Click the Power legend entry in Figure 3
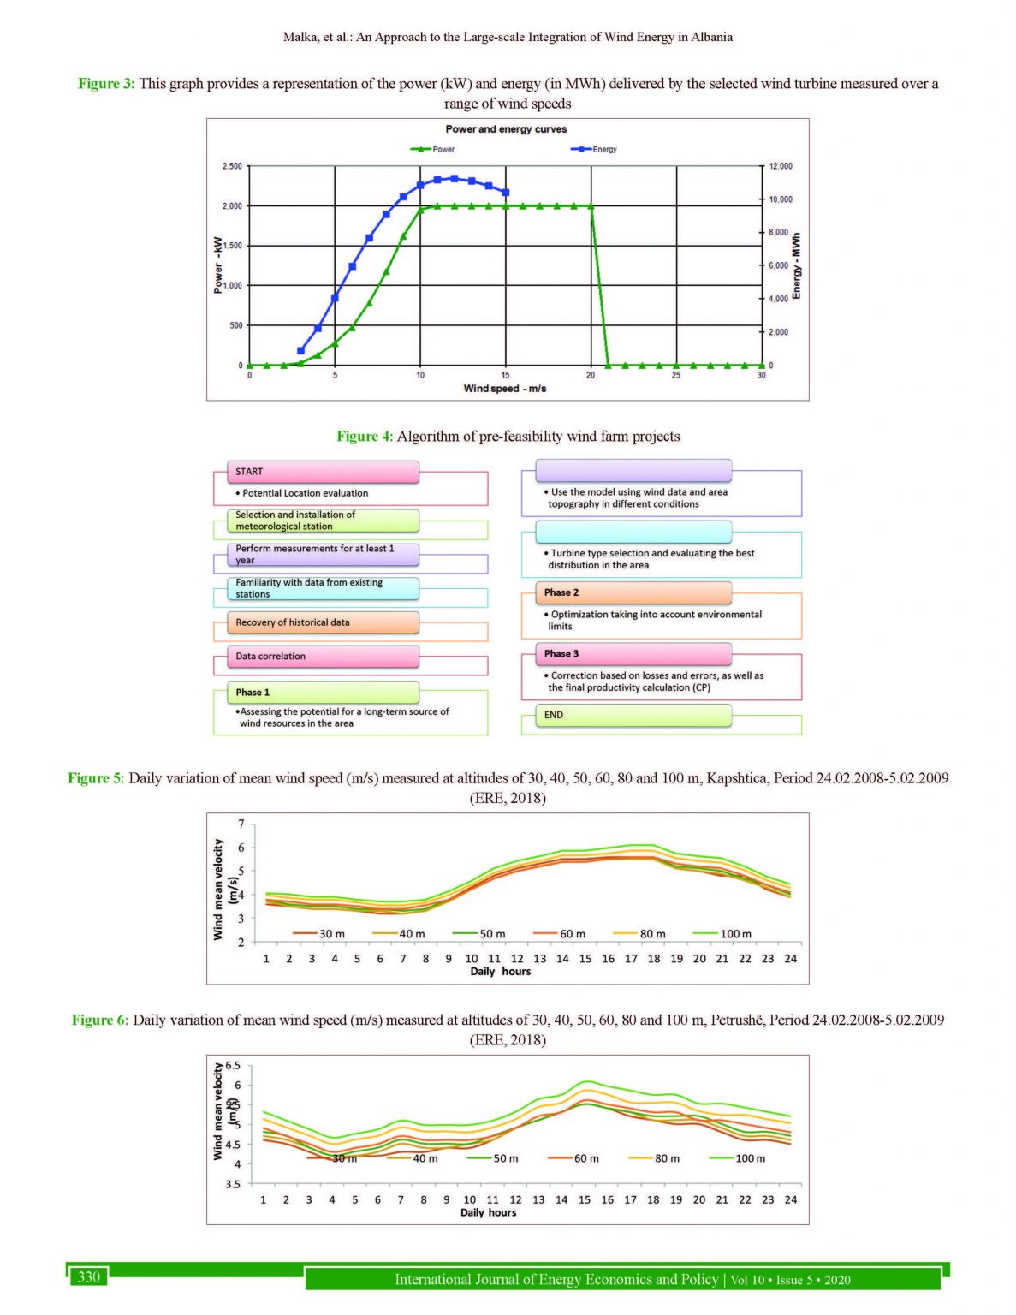[434, 149]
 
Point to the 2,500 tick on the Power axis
[232, 166]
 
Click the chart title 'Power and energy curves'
[506, 129]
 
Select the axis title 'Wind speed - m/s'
[505, 389]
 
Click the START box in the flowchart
[323, 472]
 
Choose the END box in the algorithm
[633, 715]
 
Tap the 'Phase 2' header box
[633, 592]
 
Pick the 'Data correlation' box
[323, 657]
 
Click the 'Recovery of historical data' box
[323, 622]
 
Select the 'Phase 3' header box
[633, 653]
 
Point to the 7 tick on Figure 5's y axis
[241, 824]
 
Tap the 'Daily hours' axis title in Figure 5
[500, 972]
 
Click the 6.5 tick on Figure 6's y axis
[233, 1067]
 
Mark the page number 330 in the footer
[89, 1277]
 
